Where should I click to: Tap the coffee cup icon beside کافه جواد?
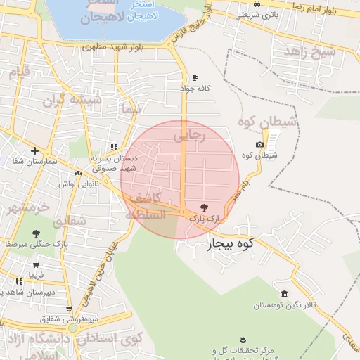(x=195, y=77)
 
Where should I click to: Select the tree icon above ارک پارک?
(x=204, y=208)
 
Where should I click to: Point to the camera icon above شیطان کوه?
(x=259, y=145)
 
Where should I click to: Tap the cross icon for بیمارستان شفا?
(x=34, y=150)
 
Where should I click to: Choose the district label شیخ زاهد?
(x=310, y=51)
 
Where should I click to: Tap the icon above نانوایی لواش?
(x=77, y=173)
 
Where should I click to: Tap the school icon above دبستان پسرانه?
(x=113, y=147)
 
